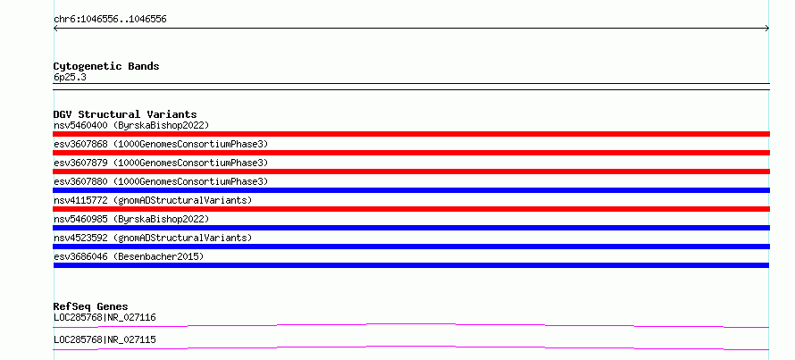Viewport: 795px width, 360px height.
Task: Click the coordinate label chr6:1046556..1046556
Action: click(110, 20)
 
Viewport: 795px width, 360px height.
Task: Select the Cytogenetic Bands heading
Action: click(106, 66)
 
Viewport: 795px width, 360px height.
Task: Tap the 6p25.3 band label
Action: click(70, 78)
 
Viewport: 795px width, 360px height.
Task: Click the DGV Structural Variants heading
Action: click(125, 114)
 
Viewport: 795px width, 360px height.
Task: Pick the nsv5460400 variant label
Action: click(131, 125)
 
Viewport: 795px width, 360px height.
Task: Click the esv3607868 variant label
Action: click(161, 144)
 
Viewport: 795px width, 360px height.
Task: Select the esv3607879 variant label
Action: click(161, 163)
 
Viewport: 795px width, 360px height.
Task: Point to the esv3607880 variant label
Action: click(161, 181)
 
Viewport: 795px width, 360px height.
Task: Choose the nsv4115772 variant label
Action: click(153, 200)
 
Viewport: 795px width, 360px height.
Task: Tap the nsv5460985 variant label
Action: click(131, 219)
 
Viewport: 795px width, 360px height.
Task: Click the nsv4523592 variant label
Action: click(153, 238)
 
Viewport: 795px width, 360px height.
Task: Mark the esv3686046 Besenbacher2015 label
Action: click(129, 256)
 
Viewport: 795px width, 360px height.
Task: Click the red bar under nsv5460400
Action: click(411, 134)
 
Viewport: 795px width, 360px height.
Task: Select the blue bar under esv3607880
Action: click(411, 190)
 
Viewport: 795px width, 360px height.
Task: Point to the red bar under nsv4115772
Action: click(411, 209)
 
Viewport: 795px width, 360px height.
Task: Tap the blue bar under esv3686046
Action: click(411, 265)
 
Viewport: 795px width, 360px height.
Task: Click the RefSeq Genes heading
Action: click(91, 306)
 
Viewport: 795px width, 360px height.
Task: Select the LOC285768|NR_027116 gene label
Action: click(105, 318)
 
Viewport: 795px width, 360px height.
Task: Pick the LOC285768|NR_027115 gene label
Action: click(105, 339)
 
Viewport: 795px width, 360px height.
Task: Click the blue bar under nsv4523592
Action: click(411, 247)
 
